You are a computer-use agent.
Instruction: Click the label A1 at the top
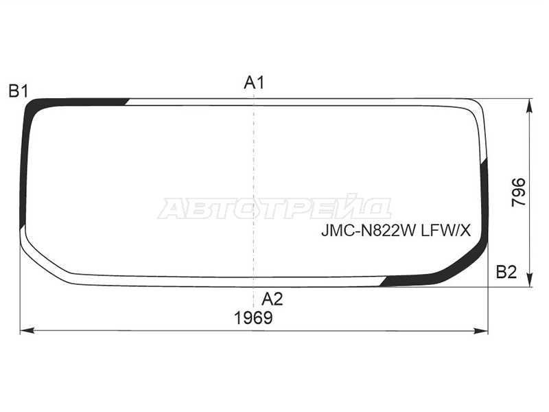point(254,83)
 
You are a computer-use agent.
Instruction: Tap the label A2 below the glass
point(272,299)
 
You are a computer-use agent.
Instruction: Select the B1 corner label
point(19,91)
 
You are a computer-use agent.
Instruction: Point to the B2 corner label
point(506,272)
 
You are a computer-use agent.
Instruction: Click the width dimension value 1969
point(253,318)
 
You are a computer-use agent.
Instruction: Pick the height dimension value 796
point(519,192)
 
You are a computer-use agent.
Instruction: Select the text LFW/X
point(445,231)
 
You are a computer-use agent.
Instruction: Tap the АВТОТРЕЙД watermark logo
point(274,207)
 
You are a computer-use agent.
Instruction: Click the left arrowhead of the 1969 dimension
point(27,330)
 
